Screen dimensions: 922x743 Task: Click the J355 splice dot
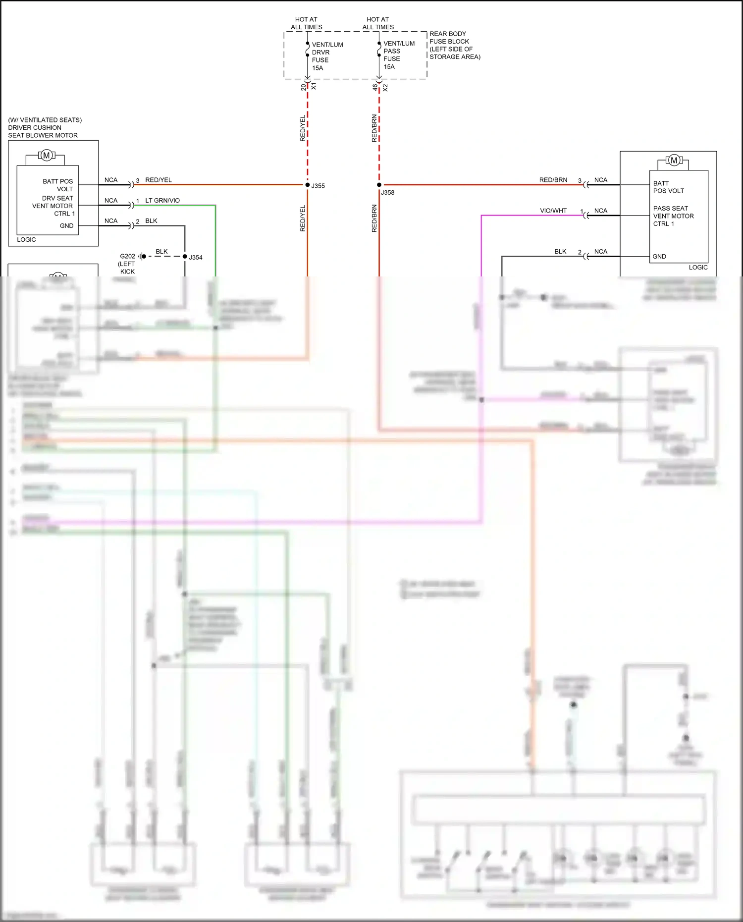pos(307,185)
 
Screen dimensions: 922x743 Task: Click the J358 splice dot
pos(379,185)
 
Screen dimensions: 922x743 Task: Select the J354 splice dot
pos(185,256)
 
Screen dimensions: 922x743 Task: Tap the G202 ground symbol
pos(141,256)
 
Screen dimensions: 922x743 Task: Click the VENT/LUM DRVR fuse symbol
pos(308,49)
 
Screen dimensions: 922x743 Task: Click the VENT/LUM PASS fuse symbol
pos(379,49)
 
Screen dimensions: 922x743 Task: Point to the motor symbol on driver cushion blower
pos(47,156)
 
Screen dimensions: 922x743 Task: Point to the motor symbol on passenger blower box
pos(673,161)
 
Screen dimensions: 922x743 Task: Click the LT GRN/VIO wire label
pos(162,201)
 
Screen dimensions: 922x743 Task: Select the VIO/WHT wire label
pos(553,211)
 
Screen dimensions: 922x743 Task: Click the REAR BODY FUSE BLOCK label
pos(454,45)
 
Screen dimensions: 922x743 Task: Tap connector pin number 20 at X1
pos(303,87)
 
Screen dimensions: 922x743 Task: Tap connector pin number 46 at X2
pos(374,87)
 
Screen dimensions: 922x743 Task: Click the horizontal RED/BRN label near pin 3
pos(553,180)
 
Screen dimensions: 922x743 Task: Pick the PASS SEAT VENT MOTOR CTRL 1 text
pos(673,216)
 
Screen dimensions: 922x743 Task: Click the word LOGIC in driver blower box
pos(26,240)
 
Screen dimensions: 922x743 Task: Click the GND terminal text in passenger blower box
pos(659,257)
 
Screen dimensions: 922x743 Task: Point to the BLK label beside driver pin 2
pos(151,221)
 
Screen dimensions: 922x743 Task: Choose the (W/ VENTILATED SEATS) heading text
pos(45,120)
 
